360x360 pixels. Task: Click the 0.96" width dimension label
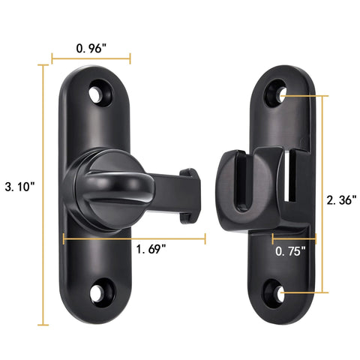coord(91,47)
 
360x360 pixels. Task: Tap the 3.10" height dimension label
coord(20,187)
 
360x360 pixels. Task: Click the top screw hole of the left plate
coord(97,94)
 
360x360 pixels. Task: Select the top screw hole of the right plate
coord(280,95)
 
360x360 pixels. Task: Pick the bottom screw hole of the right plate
coord(280,293)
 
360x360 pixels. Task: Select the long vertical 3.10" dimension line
coord(42,195)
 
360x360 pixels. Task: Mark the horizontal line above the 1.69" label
coord(135,239)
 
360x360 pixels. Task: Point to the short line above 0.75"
coord(293,239)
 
